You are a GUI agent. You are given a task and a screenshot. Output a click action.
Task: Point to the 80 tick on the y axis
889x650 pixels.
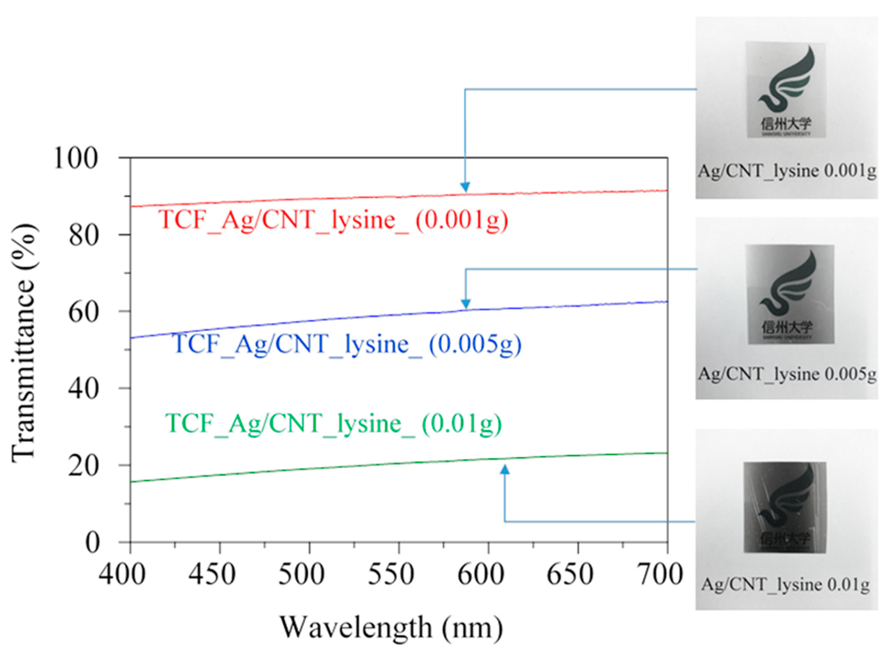click(x=83, y=236)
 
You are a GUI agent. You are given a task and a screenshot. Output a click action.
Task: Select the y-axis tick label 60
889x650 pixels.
click(x=83, y=312)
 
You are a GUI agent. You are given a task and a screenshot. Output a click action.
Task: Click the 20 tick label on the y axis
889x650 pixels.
click(x=83, y=466)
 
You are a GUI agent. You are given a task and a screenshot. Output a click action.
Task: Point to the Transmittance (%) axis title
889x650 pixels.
click(x=24, y=343)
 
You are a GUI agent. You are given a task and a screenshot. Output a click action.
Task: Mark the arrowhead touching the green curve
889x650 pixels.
click(x=505, y=469)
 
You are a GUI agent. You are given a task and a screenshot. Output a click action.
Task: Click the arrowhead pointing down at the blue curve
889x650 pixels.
click(x=466, y=303)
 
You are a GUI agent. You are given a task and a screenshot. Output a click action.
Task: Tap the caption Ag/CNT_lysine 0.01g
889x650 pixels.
click(x=786, y=585)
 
